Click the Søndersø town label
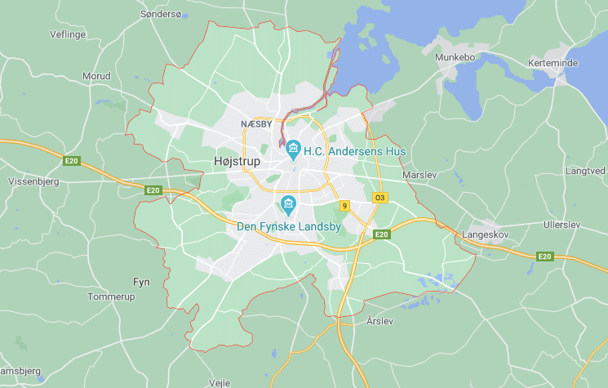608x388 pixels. [162, 14]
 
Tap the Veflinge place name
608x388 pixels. [68, 34]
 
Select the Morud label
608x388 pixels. [96, 76]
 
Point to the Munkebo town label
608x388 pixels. [455, 57]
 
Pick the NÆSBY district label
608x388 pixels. [256, 124]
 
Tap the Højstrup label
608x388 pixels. [236, 161]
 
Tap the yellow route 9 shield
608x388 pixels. [345, 206]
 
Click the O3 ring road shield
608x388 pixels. [379, 198]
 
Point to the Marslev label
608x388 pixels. [420, 175]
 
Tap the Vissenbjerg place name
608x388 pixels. [33, 181]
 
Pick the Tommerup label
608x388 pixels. [110, 297]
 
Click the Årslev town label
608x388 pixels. [380, 320]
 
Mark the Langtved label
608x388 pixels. [585, 171]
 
